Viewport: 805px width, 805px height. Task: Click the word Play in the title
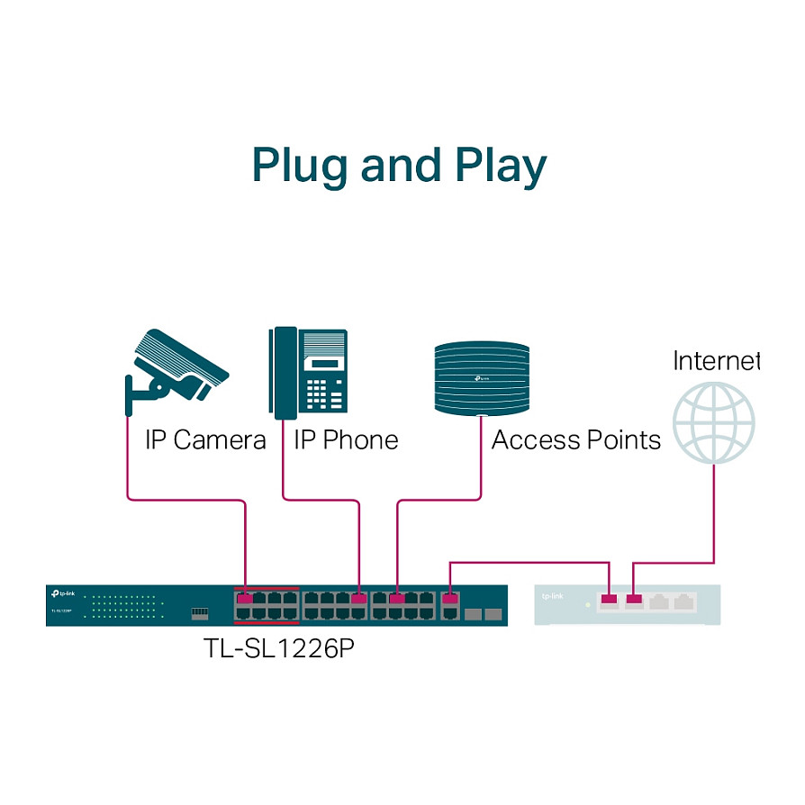[500, 167]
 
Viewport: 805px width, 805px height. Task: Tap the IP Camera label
[205, 440]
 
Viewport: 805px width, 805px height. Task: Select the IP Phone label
[346, 440]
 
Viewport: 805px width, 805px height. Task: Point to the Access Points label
[575, 440]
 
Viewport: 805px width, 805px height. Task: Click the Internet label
[716, 361]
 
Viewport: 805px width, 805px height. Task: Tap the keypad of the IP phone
[327, 392]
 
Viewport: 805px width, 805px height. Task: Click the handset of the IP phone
[284, 373]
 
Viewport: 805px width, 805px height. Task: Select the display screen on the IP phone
[325, 364]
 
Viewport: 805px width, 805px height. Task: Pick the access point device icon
[481, 377]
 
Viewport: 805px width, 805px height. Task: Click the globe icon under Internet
[714, 423]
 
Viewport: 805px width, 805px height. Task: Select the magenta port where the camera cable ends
[245, 598]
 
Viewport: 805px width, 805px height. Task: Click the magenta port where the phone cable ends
[359, 598]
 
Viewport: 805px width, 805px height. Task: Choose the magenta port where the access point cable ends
[397, 598]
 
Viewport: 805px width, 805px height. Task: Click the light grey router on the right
[627, 604]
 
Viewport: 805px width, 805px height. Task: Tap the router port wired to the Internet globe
[635, 599]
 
